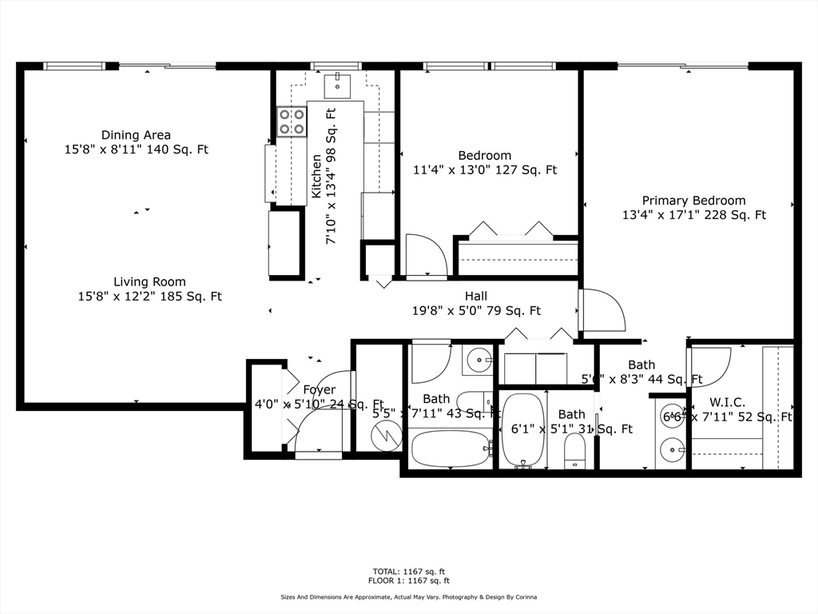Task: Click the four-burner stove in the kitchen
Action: [292, 121]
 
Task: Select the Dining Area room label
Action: [136, 135]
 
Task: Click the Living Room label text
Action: [149, 281]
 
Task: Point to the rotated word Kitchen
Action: [316, 176]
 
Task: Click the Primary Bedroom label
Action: [693, 201]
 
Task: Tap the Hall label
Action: [476, 296]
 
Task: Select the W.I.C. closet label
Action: [727, 402]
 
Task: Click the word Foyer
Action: [319, 389]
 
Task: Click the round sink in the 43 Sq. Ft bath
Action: [478, 361]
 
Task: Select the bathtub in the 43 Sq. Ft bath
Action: [451, 449]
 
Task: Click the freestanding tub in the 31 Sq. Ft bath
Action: [523, 430]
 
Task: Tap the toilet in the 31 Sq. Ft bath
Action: [575, 451]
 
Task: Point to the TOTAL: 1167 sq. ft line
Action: [409, 572]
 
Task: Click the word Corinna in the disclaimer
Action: [520, 597]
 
